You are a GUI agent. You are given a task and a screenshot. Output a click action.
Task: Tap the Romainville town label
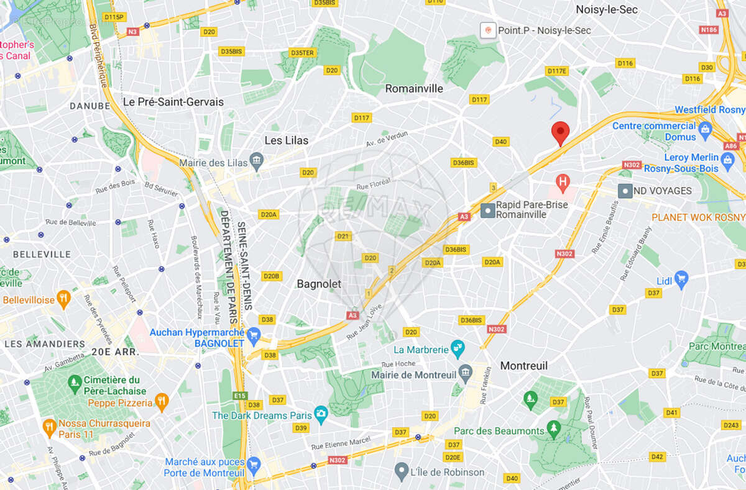tap(414, 89)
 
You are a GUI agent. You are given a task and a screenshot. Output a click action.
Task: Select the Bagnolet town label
tap(319, 284)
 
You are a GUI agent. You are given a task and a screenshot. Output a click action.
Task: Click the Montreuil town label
tap(524, 366)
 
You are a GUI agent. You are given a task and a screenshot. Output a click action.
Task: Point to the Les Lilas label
tap(286, 140)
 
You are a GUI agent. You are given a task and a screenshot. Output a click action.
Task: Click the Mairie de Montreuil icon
tap(465, 374)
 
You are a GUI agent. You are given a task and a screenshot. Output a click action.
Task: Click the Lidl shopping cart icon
tap(681, 279)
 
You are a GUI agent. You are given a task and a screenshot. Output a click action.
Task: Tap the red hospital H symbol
tap(563, 182)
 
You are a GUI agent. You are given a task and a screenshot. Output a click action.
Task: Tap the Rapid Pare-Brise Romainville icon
tap(489, 211)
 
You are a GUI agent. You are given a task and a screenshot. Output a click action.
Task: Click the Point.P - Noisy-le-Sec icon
tap(488, 30)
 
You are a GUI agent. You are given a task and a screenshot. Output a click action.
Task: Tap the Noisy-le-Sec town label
tap(606, 9)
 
